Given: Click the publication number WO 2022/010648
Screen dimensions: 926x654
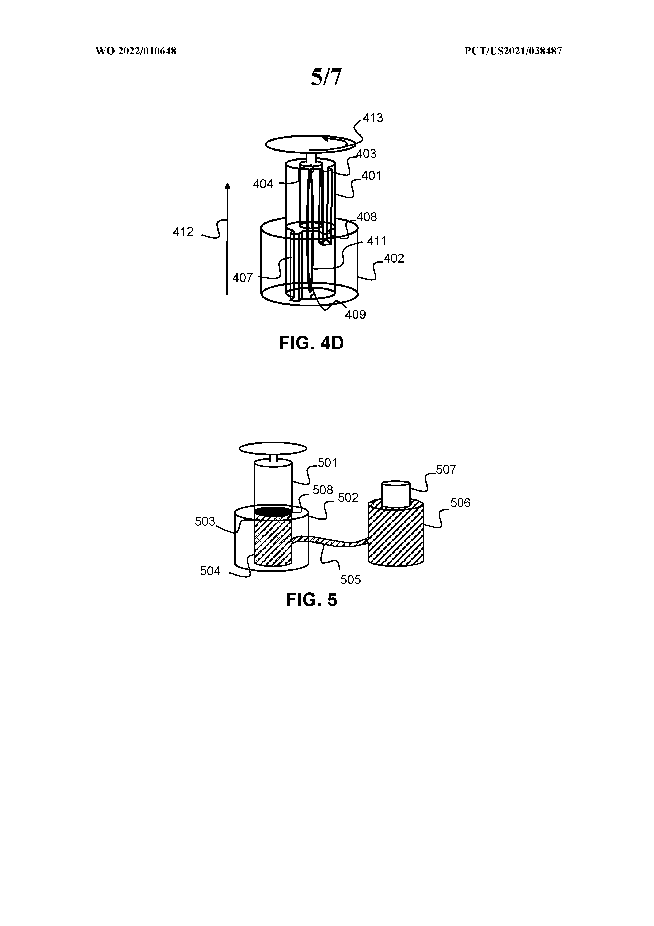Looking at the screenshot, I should (x=136, y=51).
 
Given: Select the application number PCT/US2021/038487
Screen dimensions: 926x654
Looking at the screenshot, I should (x=513, y=51).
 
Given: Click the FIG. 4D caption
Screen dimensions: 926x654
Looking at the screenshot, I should (x=311, y=343).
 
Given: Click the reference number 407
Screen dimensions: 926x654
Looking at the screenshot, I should (x=242, y=278).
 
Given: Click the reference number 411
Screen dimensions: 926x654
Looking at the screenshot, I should (x=377, y=241).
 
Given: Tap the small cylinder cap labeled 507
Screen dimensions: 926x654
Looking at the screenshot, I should (x=396, y=494).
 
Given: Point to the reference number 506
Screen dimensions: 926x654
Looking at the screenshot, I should (x=460, y=503).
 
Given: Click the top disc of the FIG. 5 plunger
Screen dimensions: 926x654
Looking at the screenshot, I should (x=273, y=448).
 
